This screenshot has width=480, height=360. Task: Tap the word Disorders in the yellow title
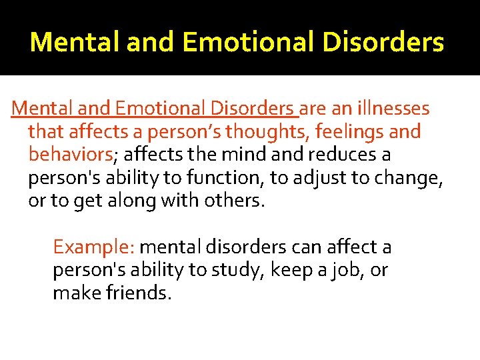click(389, 42)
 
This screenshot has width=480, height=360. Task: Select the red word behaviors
click(70, 155)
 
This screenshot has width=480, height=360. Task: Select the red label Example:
click(94, 247)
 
